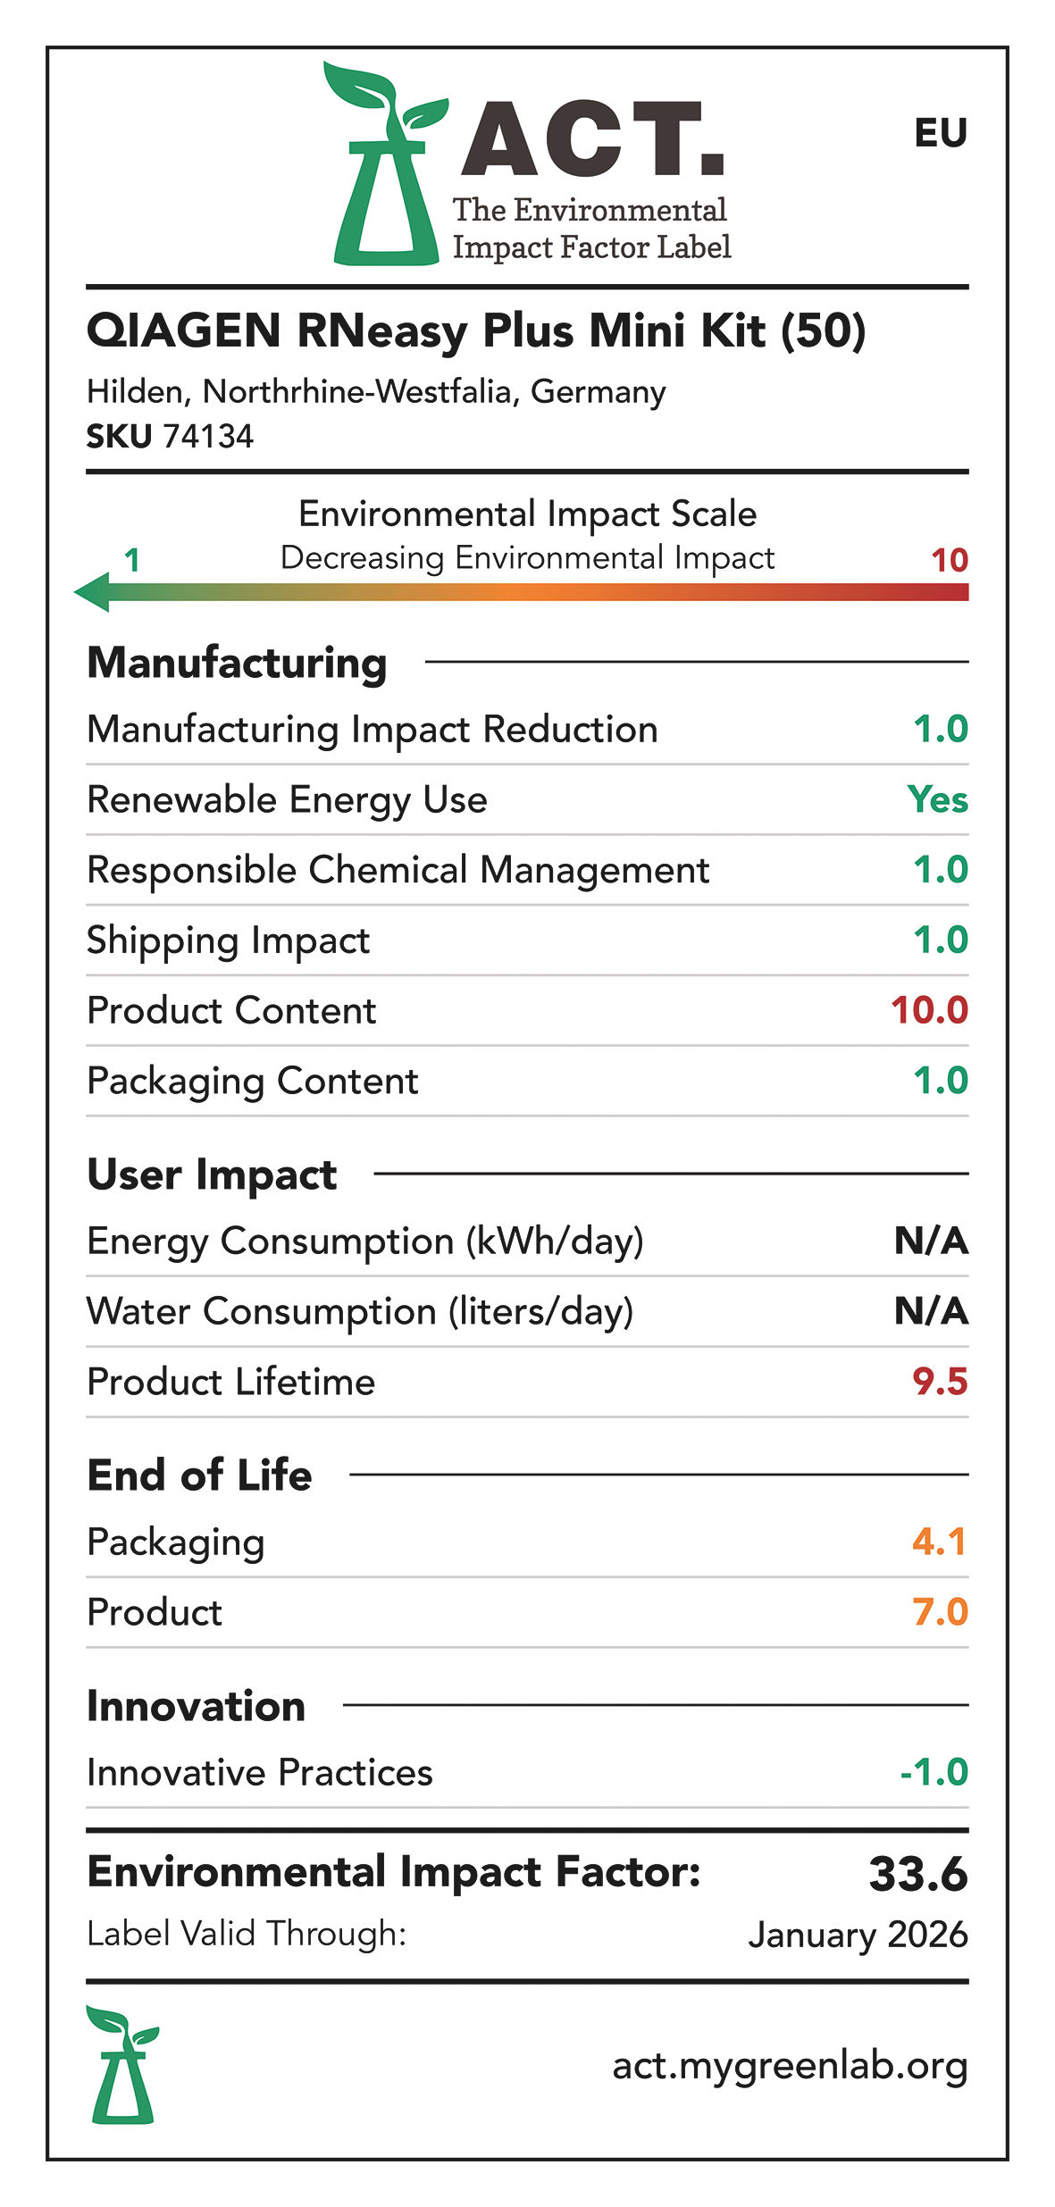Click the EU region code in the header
coord(940,133)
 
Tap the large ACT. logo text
coord(592,139)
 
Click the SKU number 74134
coord(208,437)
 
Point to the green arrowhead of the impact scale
coord(92,592)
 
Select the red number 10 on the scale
coord(949,561)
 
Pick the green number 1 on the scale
coord(131,561)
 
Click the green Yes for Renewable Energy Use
coord(937,799)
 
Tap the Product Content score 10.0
coord(929,1010)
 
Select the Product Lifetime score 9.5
coord(940,1382)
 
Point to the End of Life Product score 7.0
coord(940,1612)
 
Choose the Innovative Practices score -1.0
coord(934,1772)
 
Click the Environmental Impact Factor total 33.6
coord(917,1874)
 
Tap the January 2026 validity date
coord(858,1935)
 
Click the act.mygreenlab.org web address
coord(790,2066)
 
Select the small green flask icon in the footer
coord(122,2065)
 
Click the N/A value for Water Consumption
coord(931,1311)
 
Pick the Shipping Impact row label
coord(228,940)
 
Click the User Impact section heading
coord(212,1175)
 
